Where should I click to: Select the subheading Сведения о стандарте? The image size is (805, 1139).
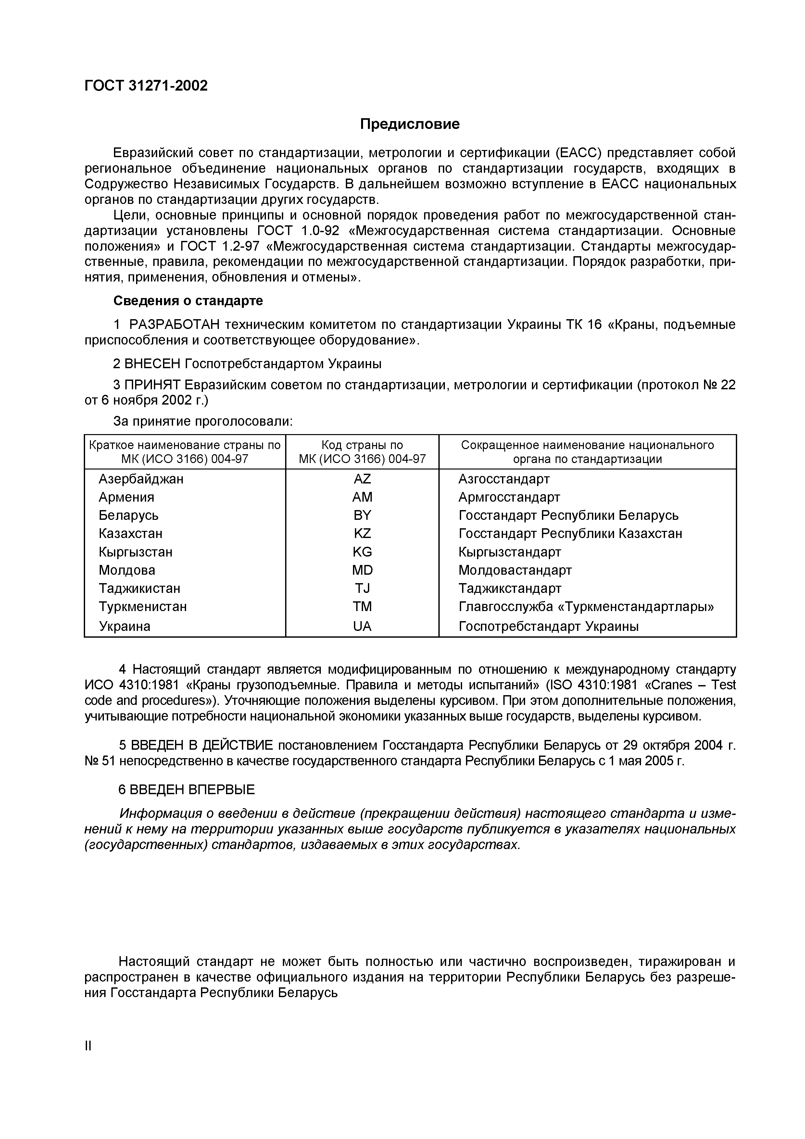tap(188, 301)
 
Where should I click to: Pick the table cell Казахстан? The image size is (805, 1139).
tap(131, 533)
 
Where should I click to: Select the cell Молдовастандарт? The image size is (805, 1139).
tap(515, 570)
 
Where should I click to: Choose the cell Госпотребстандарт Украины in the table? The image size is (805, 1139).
tap(548, 626)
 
